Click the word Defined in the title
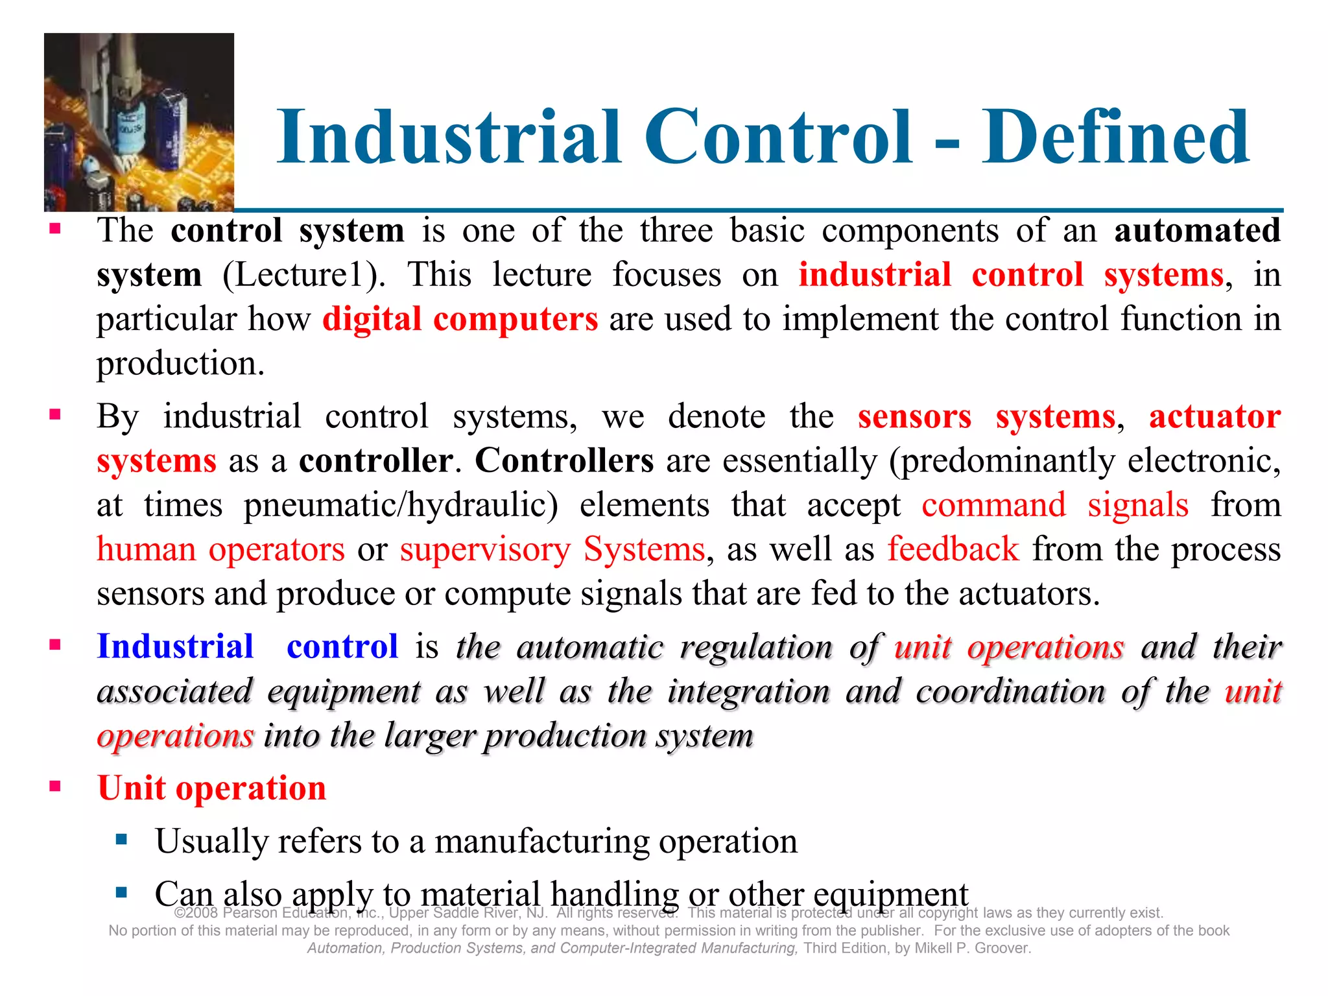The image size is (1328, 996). pyautogui.click(x=1115, y=137)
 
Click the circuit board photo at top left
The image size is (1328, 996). pyautogui.click(x=139, y=122)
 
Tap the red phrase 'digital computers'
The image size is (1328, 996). pyautogui.click(x=460, y=319)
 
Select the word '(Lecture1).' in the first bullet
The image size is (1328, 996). pyautogui.click(x=304, y=275)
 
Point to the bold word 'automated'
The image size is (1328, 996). pyautogui.click(x=1197, y=231)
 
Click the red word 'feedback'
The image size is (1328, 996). pyautogui.click(x=953, y=549)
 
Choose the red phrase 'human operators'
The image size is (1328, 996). pyautogui.click(x=220, y=549)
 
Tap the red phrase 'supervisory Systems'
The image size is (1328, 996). pyautogui.click(x=552, y=549)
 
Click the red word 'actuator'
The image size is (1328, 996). pyautogui.click(x=1215, y=416)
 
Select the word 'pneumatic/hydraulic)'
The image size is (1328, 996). pyautogui.click(x=401, y=505)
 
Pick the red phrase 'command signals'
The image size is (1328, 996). pyautogui.click(x=1055, y=505)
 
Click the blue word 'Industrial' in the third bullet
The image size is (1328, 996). pyautogui.click(x=175, y=646)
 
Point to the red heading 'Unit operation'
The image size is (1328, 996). pyautogui.click(x=211, y=788)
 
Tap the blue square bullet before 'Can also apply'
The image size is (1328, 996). pyautogui.click(x=121, y=893)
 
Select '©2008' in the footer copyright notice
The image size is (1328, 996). pyautogui.click(x=196, y=913)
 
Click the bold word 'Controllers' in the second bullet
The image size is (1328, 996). pyautogui.click(x=564, y=461)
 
